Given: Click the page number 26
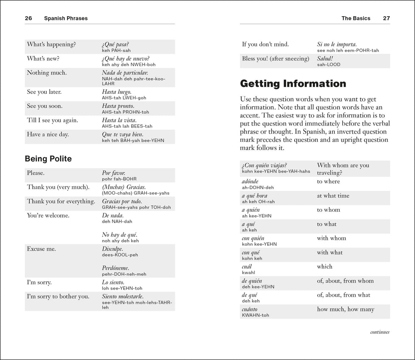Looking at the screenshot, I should pos(28,18).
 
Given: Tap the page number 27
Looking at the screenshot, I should pos(386,18).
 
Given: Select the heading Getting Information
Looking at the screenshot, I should pos(293,84).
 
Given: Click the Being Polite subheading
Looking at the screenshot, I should pos(48,159).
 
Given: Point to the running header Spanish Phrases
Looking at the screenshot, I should pos(66,18).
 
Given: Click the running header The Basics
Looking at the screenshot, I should pos(356,18).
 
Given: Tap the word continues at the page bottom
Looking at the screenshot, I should pos(379,332).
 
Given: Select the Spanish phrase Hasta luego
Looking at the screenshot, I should pos(117,92).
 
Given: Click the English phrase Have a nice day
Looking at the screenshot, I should pos(47,134).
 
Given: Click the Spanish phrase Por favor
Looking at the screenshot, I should pos(113,173).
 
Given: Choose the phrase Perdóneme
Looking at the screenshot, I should pos(116,268).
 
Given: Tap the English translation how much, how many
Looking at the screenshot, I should pos(345,309).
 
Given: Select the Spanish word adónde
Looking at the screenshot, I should pos(250,181).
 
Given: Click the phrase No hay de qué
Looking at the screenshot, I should pos(120,235).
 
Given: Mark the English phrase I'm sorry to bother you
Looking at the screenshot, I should pos(58,296).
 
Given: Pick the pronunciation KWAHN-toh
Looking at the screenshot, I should pos(255,315).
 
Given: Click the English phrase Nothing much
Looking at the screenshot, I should pos(47,73).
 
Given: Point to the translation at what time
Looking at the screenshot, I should pos(333,196).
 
